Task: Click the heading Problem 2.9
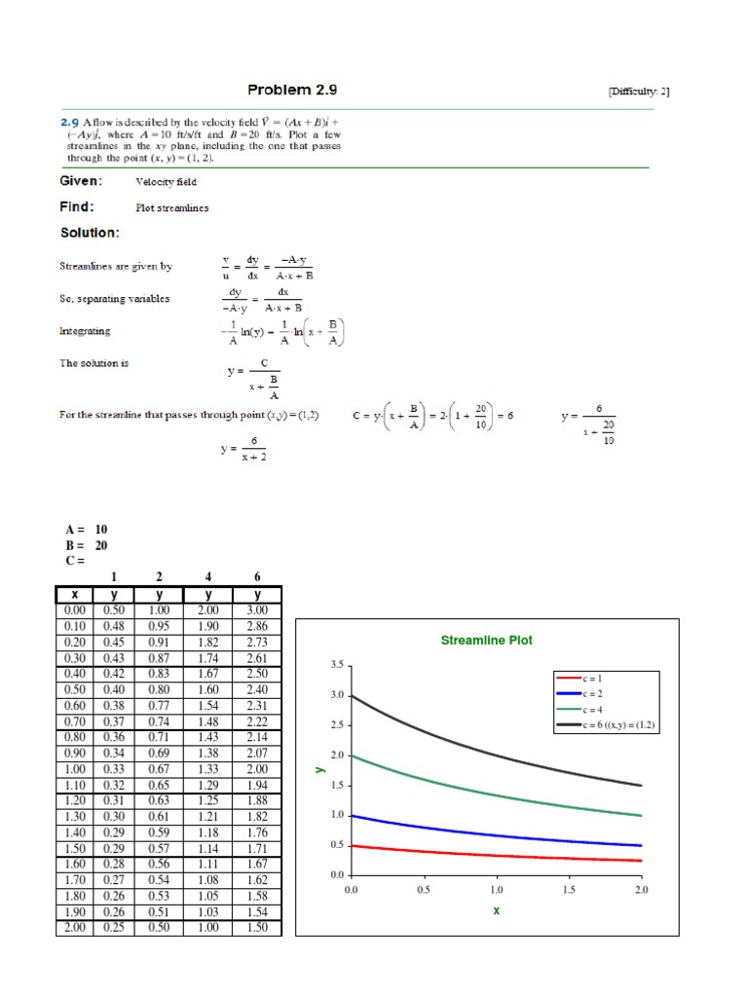tap(292, 91)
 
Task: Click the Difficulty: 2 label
tap(638, 92)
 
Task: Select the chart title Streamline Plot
tap(487, 641)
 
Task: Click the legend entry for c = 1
tap(593, 677)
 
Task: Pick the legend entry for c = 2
tap(593, 693)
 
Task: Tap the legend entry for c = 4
tap(593, 710)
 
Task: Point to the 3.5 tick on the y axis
tap(337, 665)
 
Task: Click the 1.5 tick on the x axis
tap(568, 890)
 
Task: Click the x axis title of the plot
tap(496, 911)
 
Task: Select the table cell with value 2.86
tap(257, 626)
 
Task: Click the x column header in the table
tap(74, 595)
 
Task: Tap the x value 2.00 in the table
tap(74, 928)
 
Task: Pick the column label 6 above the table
tap(257, 577)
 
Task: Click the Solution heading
tap(91, 233)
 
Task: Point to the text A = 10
tap(87, 530)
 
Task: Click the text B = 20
tap(87, 545)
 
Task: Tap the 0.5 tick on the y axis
tap(337, 845)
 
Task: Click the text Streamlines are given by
tap(115, 266)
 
